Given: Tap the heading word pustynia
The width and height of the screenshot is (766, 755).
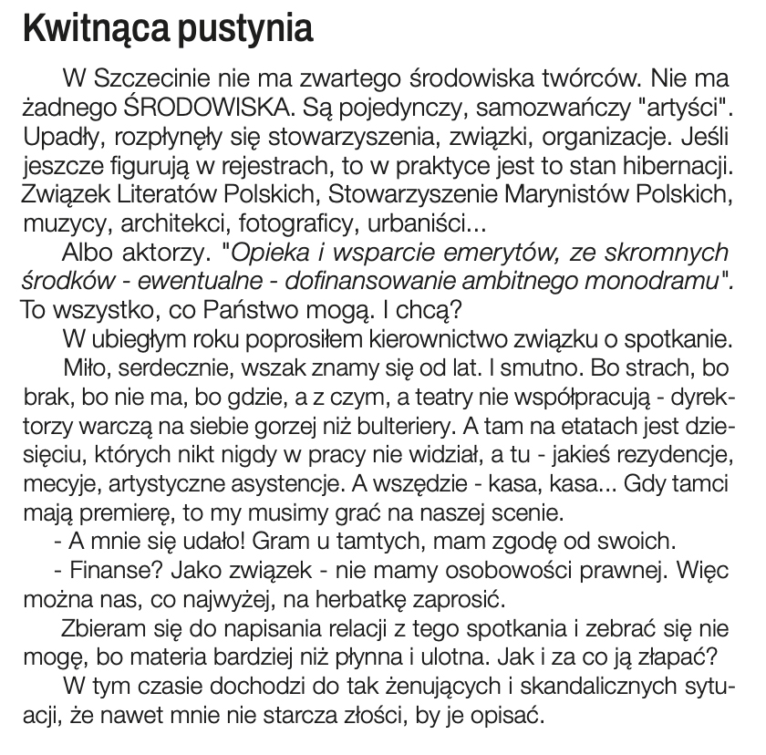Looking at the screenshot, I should coord(247,31).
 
